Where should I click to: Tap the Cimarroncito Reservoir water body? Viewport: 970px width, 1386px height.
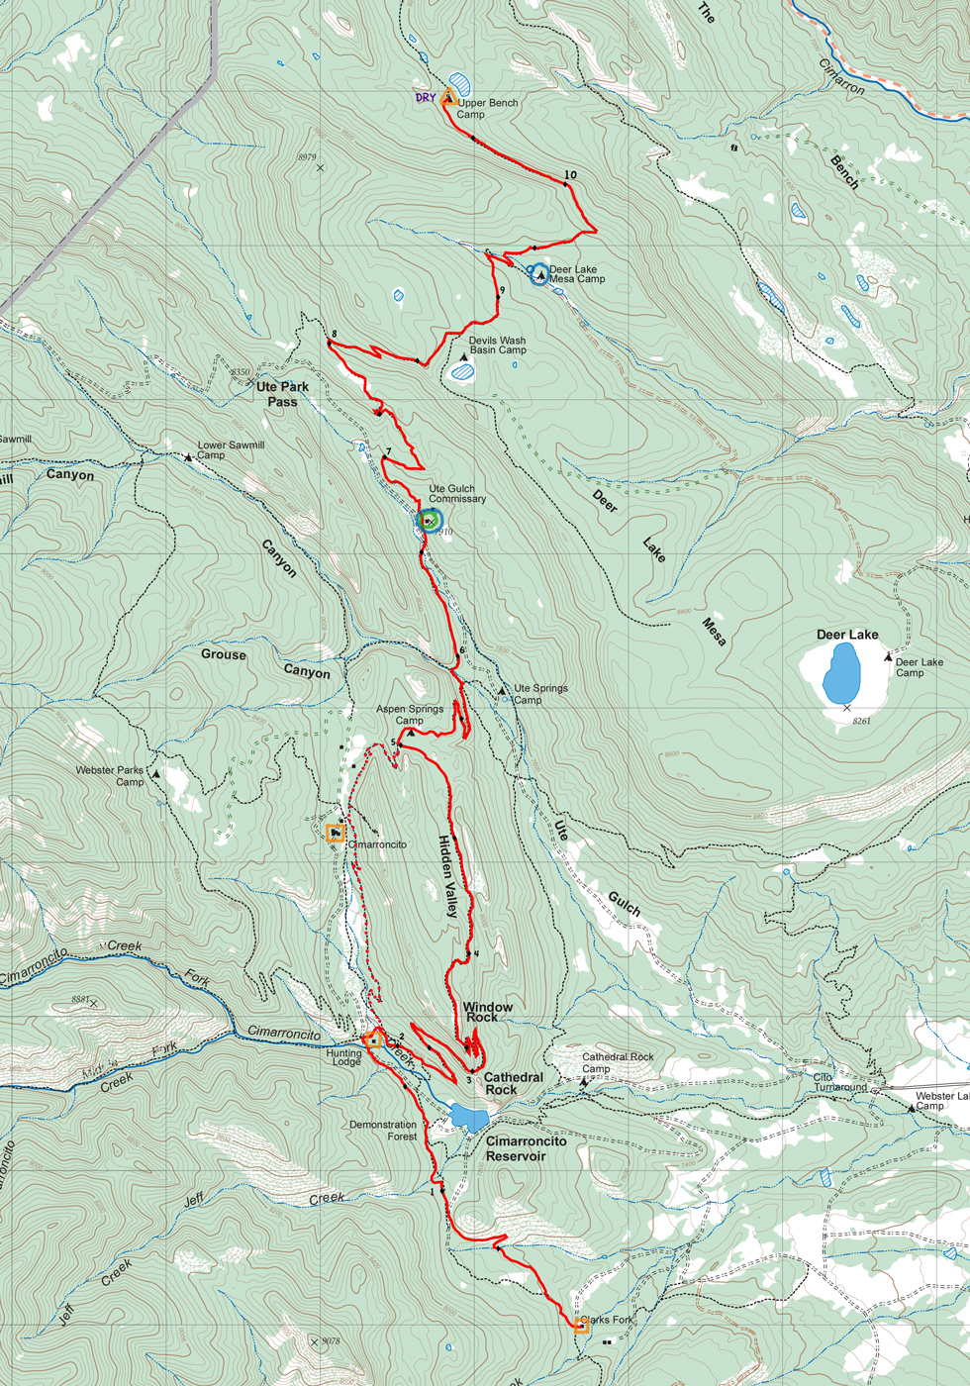click(x=468, y=1119)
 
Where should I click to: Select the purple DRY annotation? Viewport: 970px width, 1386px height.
click(x=425, y=98)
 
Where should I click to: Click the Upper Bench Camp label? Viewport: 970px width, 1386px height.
click(x=487, y=108)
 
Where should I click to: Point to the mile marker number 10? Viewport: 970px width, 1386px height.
click(x=570, y=175)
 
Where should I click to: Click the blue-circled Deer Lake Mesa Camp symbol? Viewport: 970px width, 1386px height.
click(x=538, y=273)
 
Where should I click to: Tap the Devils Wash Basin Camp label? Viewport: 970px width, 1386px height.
click(x=497, y=345)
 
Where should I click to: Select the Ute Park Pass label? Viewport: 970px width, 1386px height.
click(x=282, y=394)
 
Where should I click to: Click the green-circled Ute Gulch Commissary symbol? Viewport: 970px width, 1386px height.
click(x=430, y=520)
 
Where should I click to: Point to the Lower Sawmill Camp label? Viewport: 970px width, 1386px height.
click(x=231, y=449)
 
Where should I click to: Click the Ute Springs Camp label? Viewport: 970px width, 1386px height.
click(x=539, y=694)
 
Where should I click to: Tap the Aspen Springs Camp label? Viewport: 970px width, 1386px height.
click(x=409, y=715)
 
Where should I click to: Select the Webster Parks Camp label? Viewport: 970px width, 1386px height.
click(x=110, y=775)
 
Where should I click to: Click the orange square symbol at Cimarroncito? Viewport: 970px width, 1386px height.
click(x=337, y=834)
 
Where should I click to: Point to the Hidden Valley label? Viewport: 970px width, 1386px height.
click(x=448, y=876)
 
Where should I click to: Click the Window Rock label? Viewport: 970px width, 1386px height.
click(x=488, y=1012)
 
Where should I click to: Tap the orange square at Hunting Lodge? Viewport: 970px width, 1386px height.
click(x=373, y=1039)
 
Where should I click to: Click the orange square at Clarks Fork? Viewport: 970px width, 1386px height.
click(x=582, y=1325)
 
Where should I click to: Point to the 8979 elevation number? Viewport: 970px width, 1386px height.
click(x=307, y=157)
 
